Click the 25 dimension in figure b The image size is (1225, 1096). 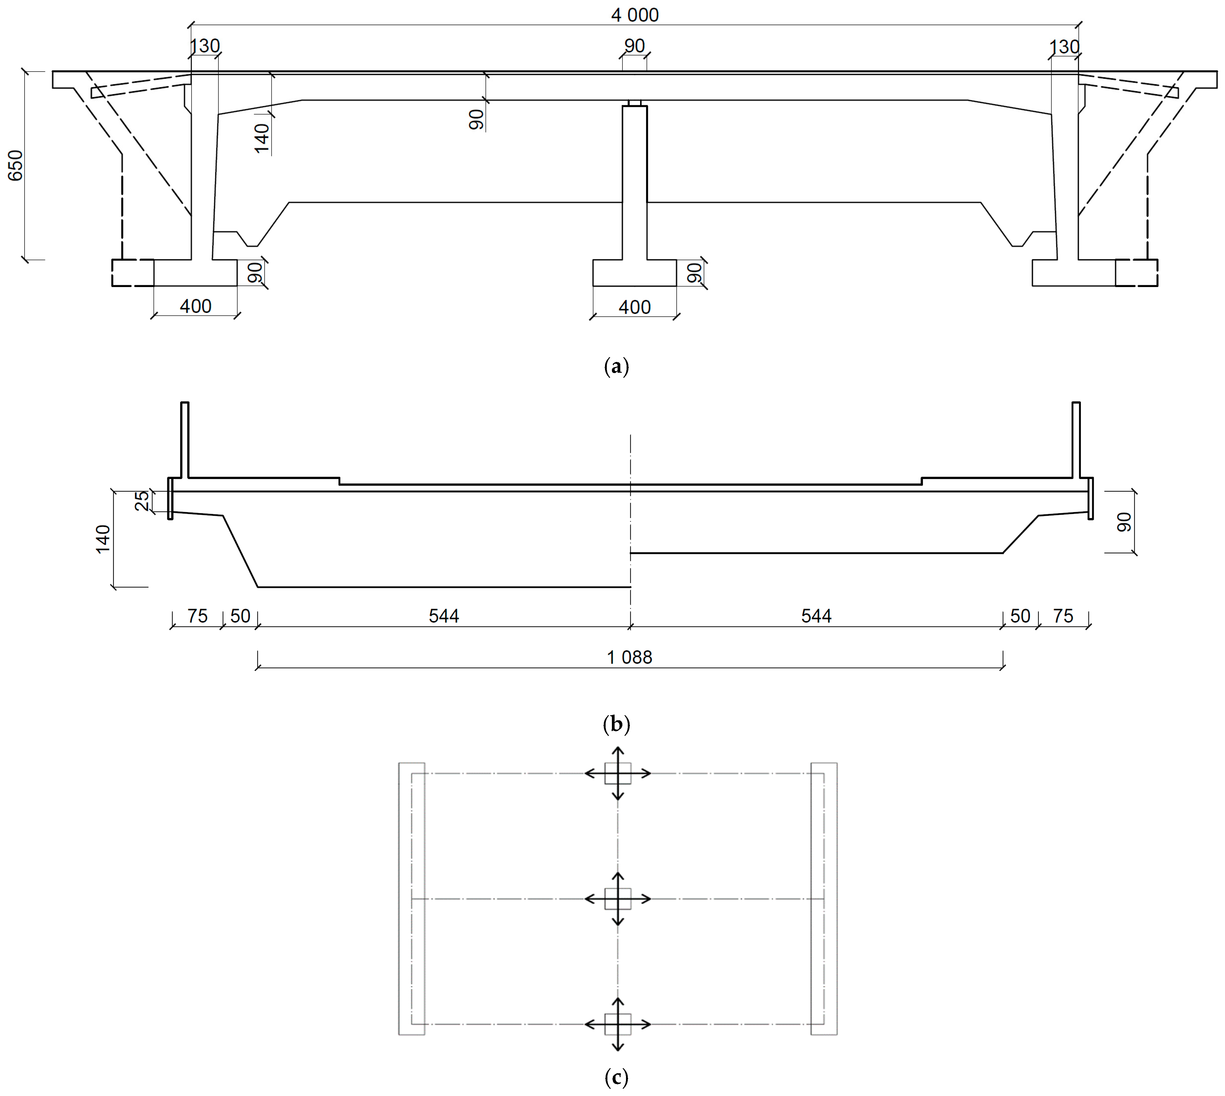[x=141, y=501]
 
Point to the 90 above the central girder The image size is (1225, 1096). [x=634, y=46]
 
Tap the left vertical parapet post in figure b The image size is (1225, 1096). [x=185, y=440]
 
